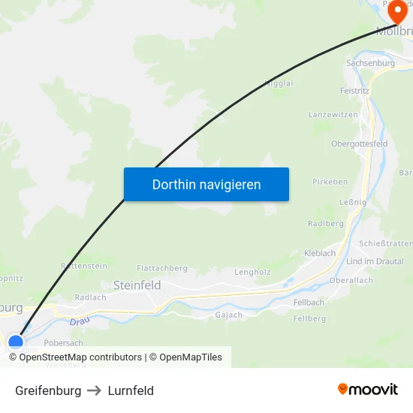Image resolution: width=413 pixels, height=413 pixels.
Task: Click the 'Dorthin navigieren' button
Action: click(x=206, y=184)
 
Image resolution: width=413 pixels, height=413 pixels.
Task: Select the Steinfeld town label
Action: click(x=137, y=285)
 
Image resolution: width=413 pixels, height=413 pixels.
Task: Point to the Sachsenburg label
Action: click(x=370, y=63)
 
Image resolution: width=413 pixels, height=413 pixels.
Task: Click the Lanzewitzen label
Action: click(x=333, y=114)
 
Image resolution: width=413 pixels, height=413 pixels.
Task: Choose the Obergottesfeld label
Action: click(x=359, y=143)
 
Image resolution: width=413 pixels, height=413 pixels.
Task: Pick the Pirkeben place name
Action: click(x=330, y=182)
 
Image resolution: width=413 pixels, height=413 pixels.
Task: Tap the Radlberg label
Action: click(x=326, y=224)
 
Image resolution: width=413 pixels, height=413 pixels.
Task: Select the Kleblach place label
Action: click(x=320, y=253)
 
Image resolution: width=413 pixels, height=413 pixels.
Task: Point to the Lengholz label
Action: click(x=252, y=272)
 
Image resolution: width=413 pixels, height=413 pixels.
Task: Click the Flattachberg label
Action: click(x=162, y=268)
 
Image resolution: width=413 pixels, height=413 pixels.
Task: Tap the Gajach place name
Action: click(x=229, y=315)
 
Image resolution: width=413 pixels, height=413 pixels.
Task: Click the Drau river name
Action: click(x=80, y=321)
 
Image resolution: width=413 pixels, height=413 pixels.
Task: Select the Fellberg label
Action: click(x=309, y=318)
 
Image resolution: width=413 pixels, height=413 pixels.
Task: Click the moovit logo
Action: click(x=368, y=390)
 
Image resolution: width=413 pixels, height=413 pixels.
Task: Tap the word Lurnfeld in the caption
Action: click(x=131, y=390)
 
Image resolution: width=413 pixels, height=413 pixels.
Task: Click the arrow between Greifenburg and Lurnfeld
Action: click(x=95, y=390)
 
